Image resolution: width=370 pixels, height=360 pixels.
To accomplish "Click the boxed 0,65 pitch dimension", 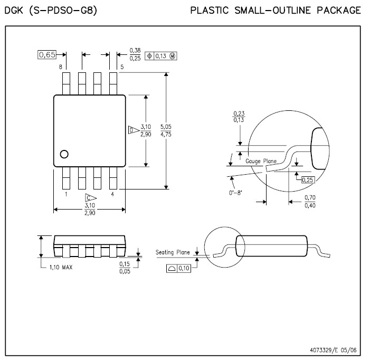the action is [47, 55].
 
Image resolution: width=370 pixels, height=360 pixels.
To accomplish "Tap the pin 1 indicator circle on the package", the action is [64, 154].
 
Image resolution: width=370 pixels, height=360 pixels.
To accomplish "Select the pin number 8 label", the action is [60, 67].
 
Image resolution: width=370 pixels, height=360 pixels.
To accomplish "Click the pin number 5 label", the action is [122, 67].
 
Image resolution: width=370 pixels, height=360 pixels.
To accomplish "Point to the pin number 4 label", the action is [112, 194].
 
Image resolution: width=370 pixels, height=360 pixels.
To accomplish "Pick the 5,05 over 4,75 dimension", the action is [166, 130].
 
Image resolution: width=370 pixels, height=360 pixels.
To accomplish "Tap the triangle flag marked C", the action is [91, 198].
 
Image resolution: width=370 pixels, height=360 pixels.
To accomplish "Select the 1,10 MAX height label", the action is [61, 267].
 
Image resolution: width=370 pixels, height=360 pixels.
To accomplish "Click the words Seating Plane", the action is [173, 252].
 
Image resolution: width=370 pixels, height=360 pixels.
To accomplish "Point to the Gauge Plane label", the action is [261, 161].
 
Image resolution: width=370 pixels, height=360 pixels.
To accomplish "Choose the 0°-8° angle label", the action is [235, 193].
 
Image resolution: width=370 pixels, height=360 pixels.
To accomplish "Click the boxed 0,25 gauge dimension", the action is [308, 180].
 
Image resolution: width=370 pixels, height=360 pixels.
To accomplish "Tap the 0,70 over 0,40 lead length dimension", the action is [310, 202].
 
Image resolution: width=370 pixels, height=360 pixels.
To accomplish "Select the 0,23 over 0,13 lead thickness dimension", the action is [239, 117].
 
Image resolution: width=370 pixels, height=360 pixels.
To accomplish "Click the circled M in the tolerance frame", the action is [173, 56].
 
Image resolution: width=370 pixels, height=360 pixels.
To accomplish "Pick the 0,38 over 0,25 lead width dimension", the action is [135, 54].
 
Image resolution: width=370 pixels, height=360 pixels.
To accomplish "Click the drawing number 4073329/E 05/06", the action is [333, 350].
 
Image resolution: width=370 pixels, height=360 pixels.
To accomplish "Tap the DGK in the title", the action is [14, 11].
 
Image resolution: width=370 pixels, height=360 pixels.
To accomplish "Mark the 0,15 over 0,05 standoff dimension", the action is [125, 268].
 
